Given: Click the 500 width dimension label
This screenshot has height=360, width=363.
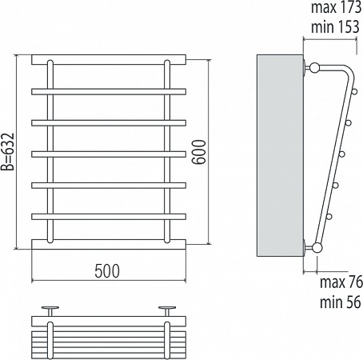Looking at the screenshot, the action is point(107,271).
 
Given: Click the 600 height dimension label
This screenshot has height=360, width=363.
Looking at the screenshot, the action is point(199,152).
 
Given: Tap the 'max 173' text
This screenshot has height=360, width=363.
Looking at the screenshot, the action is point(336,7).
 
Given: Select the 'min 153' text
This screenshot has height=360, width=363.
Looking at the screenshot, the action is point(335,27).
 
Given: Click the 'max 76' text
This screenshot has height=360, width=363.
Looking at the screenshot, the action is point(341,282).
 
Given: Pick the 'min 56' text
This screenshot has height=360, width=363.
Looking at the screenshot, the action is point(341,302).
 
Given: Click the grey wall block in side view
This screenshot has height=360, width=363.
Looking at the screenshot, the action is point(280,156).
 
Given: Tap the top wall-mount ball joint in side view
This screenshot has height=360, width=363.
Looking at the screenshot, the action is point(314,67).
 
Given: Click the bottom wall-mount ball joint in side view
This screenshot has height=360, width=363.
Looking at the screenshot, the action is point(317,248).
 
